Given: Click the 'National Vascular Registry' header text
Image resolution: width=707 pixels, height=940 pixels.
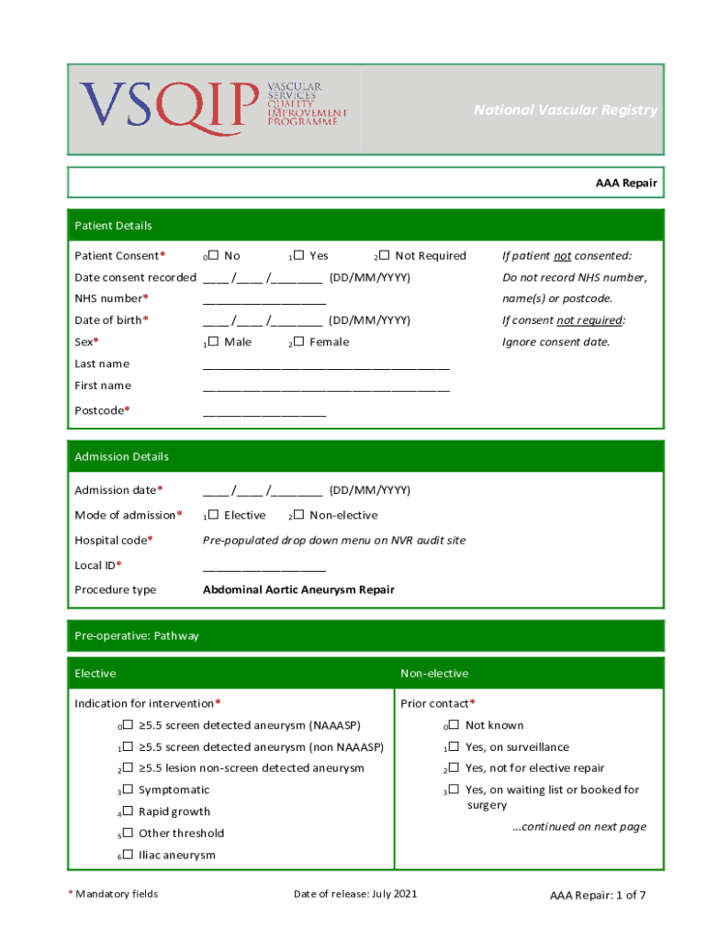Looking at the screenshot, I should tap(565, 110).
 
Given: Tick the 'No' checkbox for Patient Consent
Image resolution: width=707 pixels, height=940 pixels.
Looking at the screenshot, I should tap(213, 256).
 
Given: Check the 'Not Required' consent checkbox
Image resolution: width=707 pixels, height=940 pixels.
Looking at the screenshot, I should tap(384, 256).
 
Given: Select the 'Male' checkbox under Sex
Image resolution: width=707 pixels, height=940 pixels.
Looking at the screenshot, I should tap(213, 342).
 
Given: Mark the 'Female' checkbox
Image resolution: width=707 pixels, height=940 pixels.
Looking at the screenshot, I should tap(298, 342).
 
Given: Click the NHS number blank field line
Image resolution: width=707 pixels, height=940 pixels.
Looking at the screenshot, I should tap(264, 300).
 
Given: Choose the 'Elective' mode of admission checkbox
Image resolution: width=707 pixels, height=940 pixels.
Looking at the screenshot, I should tap(213, 516).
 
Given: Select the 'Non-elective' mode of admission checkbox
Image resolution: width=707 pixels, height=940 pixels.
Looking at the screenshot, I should tap(298, 516).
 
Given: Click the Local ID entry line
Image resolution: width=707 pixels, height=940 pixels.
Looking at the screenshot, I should tap(264, 567).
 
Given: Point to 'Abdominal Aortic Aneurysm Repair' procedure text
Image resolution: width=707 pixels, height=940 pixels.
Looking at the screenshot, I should tap(298, 589).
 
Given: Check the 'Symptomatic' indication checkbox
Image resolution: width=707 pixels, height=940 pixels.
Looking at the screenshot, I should tap(128, 790).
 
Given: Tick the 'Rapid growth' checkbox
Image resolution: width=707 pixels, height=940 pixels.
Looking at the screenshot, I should tap(128, 812).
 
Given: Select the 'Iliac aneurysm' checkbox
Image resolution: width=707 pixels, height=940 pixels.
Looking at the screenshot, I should tap(128, 856).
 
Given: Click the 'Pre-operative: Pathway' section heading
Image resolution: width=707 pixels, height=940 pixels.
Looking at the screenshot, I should tap(137, 635).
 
